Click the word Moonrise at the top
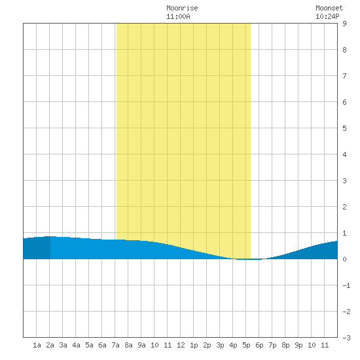point(182,8)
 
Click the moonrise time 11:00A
point(178,16)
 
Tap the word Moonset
point(329,8)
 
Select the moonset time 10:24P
point(327,16)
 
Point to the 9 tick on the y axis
point(344,24)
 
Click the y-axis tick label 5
point(344,128)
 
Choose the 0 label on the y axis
point(344,259)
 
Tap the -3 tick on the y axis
point(346,338)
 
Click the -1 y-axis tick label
point(346,285)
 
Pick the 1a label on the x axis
point(37,345)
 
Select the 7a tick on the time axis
point(115,345)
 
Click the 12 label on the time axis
point(181,345)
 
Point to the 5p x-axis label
point(246,345)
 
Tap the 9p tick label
point(298,345)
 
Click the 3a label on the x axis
point(63,345)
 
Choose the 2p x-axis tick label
point(207,345)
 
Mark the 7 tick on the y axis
point(344,76)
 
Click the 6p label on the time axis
point(259,345)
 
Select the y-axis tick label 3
point(344,181)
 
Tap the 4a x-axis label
point(76,345)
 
